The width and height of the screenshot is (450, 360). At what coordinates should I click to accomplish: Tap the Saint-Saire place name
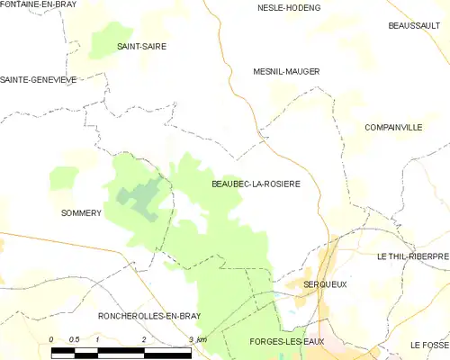pyautogui.click(x=142, y=46)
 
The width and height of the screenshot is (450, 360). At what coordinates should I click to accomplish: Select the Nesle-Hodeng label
pyautogui.click(x=289, y=8)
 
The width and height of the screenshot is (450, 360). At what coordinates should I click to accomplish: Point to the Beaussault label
pyautogui.click(x=413, y=26)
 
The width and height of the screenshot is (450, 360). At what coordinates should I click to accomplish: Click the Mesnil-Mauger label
pyautogui.click(x=287, y=70)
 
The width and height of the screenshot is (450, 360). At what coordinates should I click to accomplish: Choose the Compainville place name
pyautogui.click(x=393, y=128)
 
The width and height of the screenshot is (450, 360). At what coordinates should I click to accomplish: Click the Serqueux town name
pyautogui.click(x=325, y=284)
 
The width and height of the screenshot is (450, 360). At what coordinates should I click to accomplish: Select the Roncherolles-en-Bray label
pyautogui.click(x=149, y=316)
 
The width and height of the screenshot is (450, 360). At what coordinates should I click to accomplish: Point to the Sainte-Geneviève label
pyautogui.click(x=39, y=79)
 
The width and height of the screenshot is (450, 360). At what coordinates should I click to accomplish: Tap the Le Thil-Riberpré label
pyautogui.click(x=413, y=256)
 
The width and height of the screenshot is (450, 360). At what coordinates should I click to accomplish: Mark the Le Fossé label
pyautogui.click(x=429, y=345)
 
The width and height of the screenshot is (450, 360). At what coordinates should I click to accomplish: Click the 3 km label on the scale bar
pyautogui.click(x=197, y=339)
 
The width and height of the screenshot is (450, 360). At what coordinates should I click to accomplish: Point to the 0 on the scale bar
pyautogui.click(x=51, y=339)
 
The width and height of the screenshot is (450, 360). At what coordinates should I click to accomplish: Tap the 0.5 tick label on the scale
pyautogui.click(x=76, y=339)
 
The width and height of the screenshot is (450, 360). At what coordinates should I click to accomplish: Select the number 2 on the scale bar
pyautogui.click(x=144, y=339)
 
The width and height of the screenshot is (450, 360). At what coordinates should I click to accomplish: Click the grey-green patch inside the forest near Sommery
pyautogui.click(x=139, y=195)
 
